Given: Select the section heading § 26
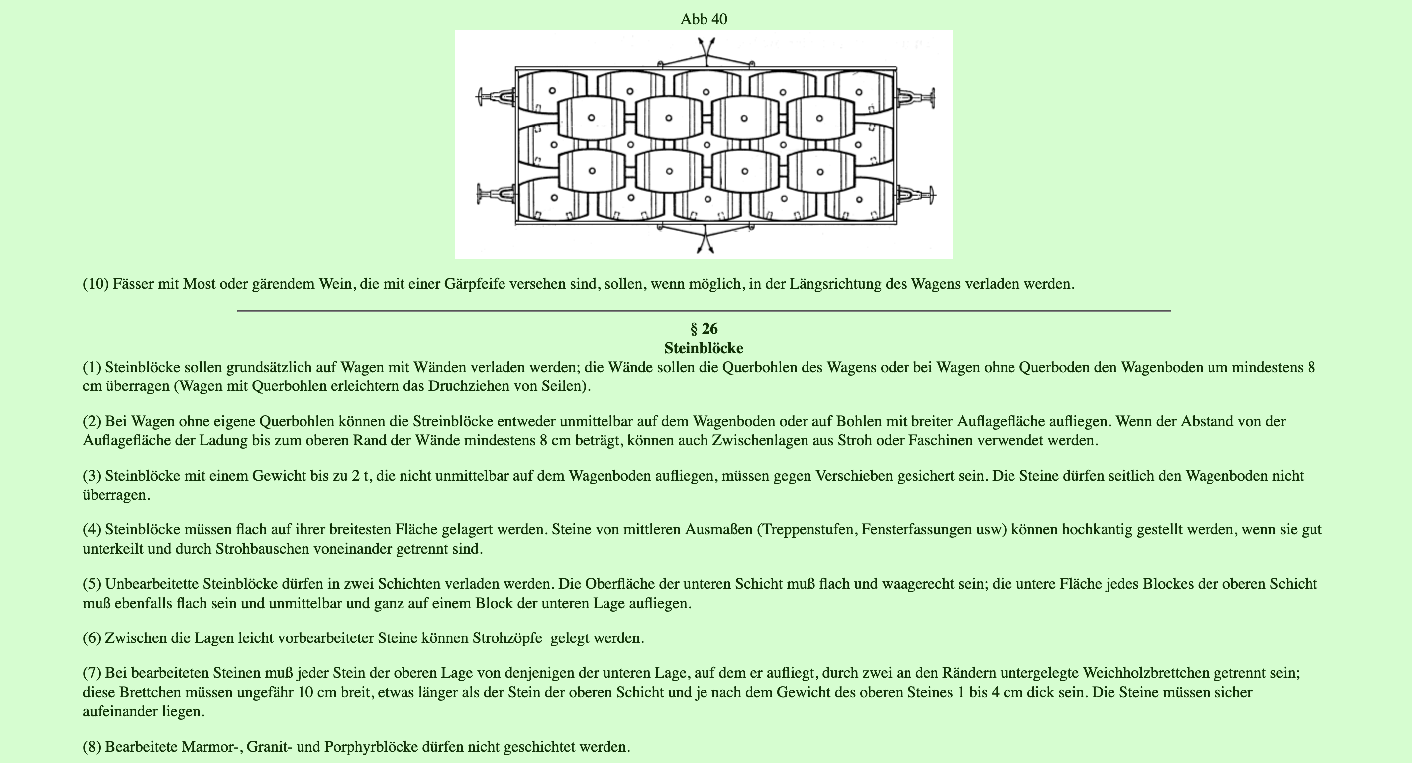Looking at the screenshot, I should [x=704, y=329].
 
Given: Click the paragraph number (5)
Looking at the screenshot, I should [x=92, y=584].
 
